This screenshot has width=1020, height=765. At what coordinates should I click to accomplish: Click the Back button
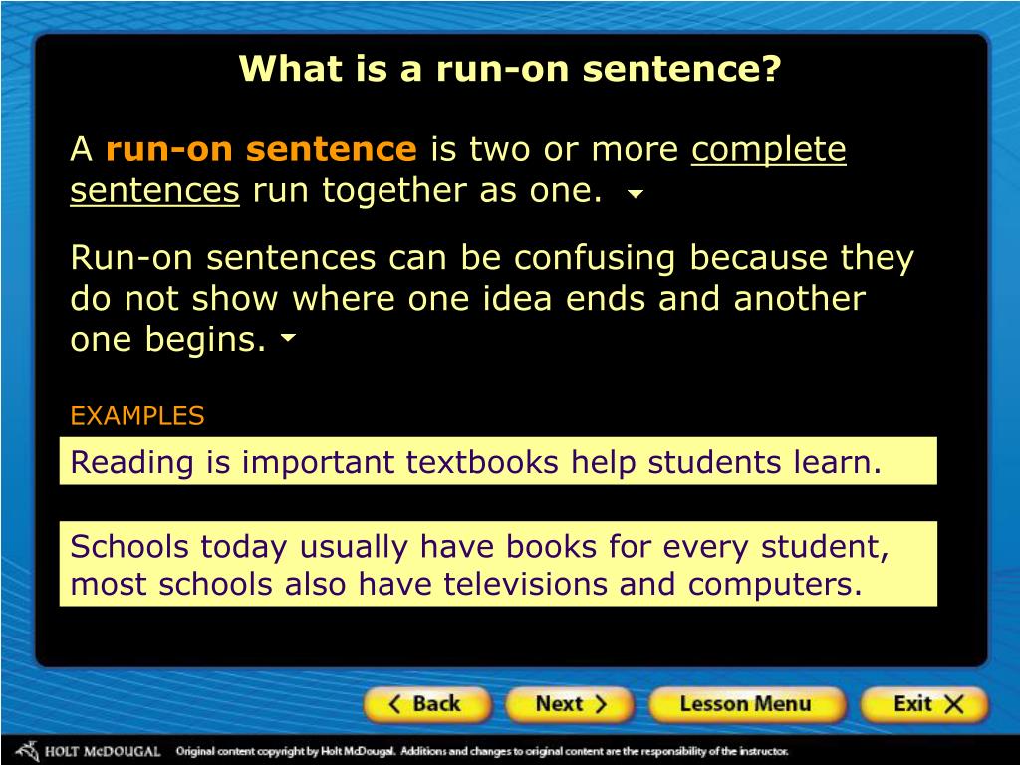tap(426, 705)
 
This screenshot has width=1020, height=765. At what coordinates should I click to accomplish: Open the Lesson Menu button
tap(745, 705)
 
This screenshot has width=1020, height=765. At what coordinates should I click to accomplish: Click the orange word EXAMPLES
tap(136, 416)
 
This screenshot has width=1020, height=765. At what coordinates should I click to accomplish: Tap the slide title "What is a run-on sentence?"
tap(510, 70)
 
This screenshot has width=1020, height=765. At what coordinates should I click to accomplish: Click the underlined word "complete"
tap(769, 150)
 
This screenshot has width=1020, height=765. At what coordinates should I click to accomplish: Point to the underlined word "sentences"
tap(154, 190)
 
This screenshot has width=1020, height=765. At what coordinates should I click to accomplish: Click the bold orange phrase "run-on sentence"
tap(261, 150)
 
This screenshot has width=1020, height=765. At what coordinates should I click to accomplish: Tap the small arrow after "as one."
tap(635, 195)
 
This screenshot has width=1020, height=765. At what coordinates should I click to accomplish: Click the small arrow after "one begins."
tap(289, 339)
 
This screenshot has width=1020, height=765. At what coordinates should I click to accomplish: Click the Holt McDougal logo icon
tap(26, 750)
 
